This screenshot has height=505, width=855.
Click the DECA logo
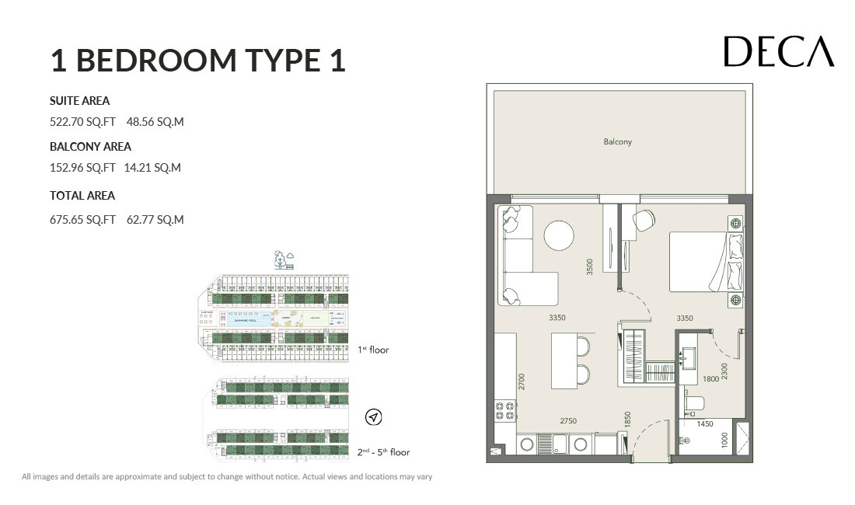[778, 52]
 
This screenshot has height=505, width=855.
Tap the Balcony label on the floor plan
[617, 141]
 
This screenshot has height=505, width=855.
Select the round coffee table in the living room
[559, 235]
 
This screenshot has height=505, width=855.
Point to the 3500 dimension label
[591, 266]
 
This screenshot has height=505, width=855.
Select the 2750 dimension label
[569, 420]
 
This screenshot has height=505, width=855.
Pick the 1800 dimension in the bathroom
[710, 379]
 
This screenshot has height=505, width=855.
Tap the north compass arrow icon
[374, 418]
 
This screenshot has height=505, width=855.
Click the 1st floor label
[373, 350]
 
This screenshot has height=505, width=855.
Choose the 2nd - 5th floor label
[383, 451]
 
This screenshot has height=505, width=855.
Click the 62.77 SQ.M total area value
[155, 220]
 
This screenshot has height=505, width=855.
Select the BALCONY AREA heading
[90, 146]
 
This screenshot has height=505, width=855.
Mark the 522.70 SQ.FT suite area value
[82, 122]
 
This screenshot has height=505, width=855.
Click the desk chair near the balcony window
[644, 221]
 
